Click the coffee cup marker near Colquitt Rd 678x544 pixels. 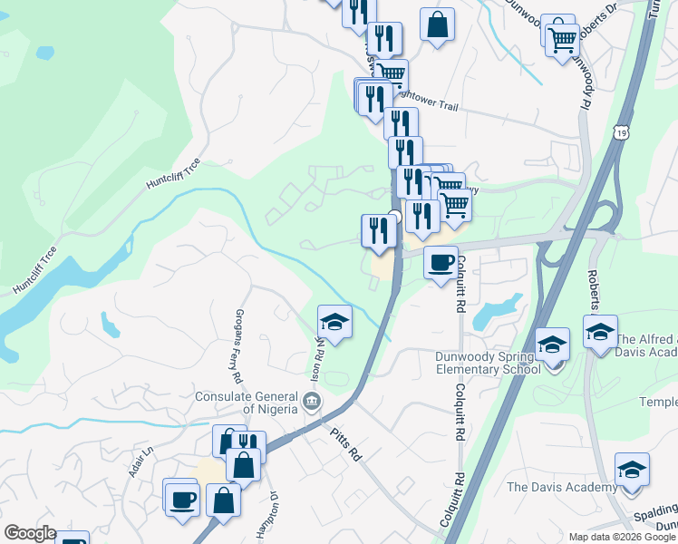click(x=441, y=263)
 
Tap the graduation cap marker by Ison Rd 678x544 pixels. click(x=334, y=322)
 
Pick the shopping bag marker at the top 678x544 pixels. click(x=438, y=24)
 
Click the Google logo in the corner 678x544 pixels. click(x=30, y=533)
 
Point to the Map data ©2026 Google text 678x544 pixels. click(x=622, y=537)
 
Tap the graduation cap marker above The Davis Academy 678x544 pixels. click(x=632, y=471)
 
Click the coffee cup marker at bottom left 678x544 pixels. click(x=181, y=498)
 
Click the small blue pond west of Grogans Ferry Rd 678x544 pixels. click(x=110, y=324)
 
